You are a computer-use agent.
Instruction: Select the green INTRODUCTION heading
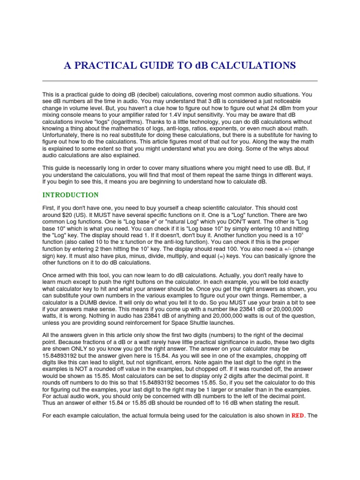coord(70,195)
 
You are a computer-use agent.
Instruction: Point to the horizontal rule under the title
coord(180,80)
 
